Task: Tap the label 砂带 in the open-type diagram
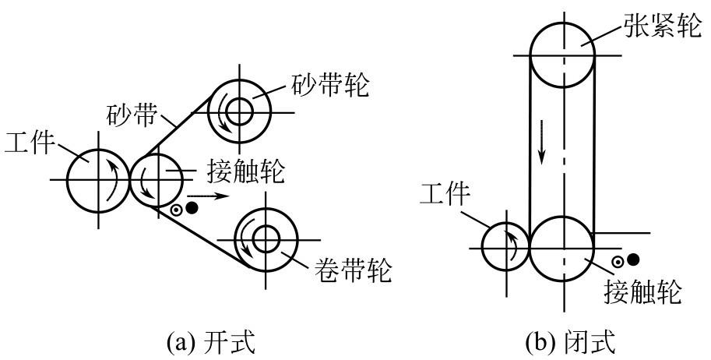pyautogui.click(x=130, y=118)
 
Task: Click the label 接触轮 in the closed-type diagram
pyautogui.click(x=644, y=294)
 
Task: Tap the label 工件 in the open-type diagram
pyautogui.click(x=30, y=143)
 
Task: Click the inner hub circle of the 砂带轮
pyautogui.click(x=239, y=110)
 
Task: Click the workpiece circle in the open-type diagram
pyautogui.click(x=98, y=180)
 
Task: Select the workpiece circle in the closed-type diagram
pyautogui.click(x=506, y=245)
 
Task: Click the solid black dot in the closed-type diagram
pyautogui.click(x=634, y=260)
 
